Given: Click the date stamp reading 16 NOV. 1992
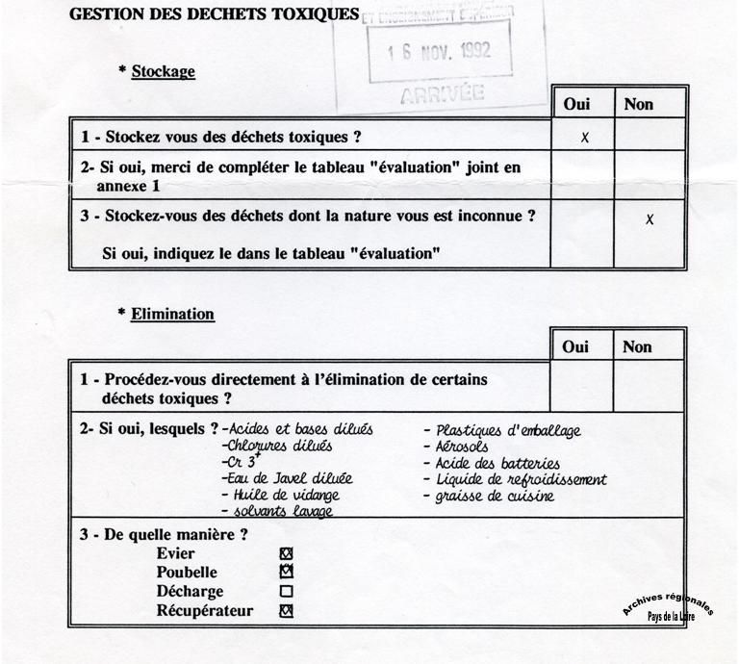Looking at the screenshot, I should click(x=439, y=51).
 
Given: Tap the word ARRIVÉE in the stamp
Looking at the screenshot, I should click(x=442, y=93).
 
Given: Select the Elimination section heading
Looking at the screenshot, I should click(x=172, y=314).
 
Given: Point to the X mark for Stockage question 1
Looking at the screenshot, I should click(x=584, y=138).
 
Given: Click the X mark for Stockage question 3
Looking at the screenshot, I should click(x=650, y=219).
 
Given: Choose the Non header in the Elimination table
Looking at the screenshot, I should click(x=637, y=347).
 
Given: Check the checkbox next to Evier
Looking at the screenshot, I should click(x=285, y=553).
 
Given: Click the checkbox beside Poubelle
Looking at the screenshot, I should click(x=285, y=573).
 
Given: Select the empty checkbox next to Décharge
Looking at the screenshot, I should click(x=285, y=592).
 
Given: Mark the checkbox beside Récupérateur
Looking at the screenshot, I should click(x=285, y=611).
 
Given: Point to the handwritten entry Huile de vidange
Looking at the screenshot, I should click(x=280, y=495).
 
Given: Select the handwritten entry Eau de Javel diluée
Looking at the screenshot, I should click(x=287, y=478).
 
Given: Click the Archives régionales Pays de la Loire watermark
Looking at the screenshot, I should click(x=668, y=606).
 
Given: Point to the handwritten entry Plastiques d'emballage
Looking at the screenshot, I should click(x=508, y=430).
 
